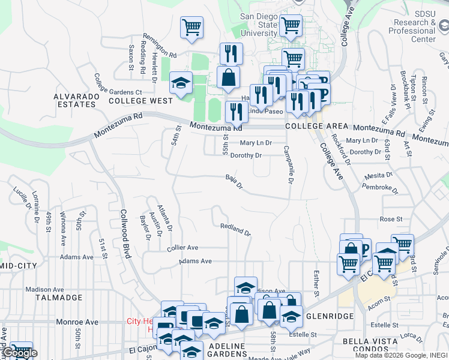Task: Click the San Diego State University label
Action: pos(259,25)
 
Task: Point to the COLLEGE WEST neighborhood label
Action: pos(140,101)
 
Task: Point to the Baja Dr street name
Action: pos(234,181)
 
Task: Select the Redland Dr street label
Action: pos(235,229)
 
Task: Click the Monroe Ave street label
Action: pos(77,322)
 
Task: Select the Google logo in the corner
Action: pos(20,353)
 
